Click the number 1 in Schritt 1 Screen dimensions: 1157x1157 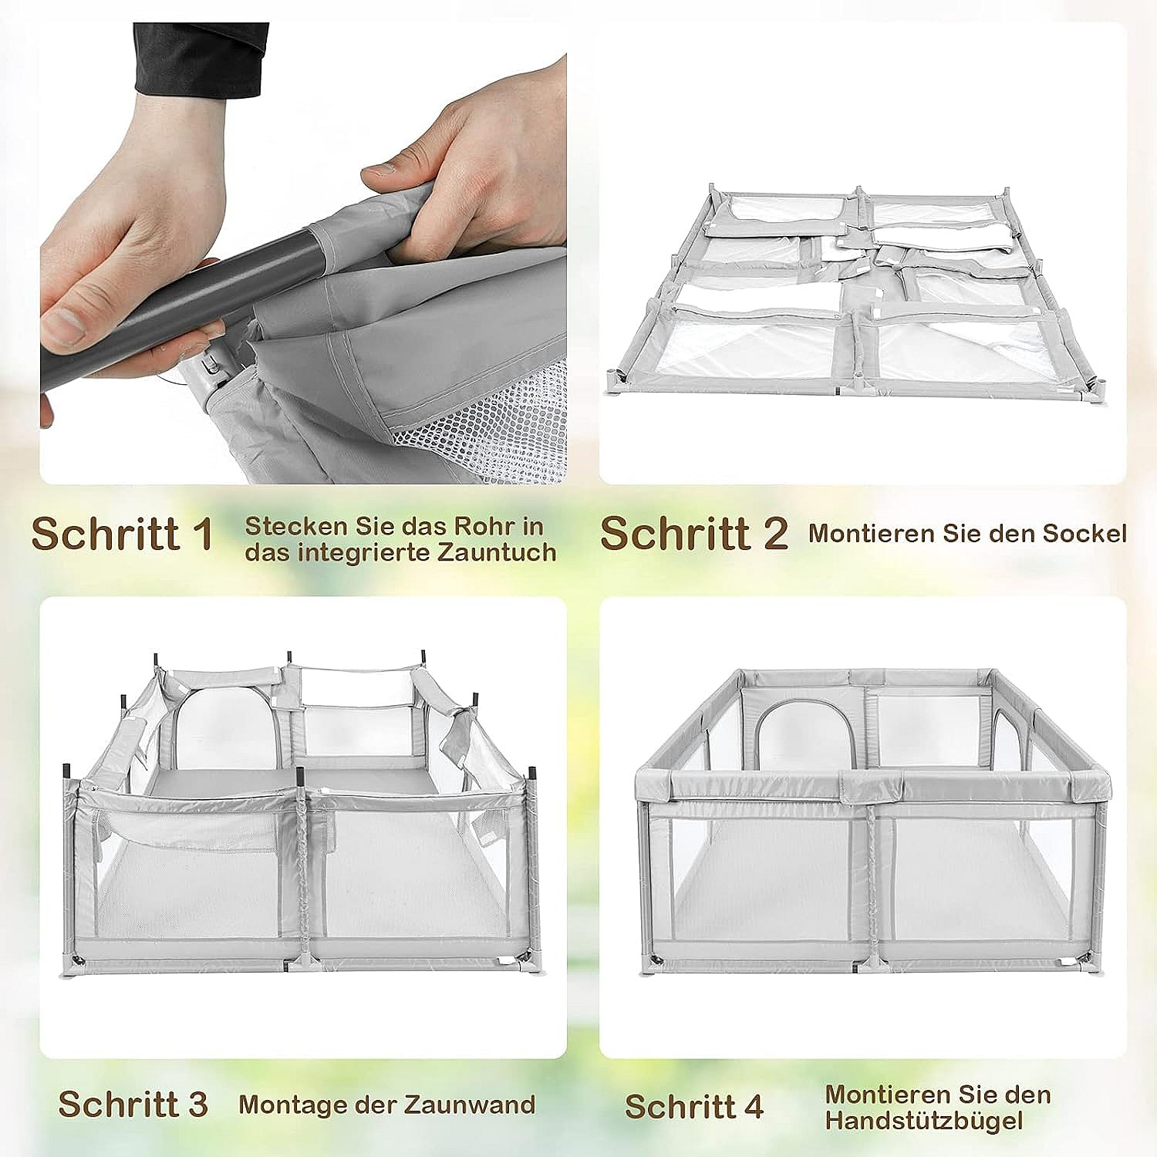204,534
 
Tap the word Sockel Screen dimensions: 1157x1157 1084,533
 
